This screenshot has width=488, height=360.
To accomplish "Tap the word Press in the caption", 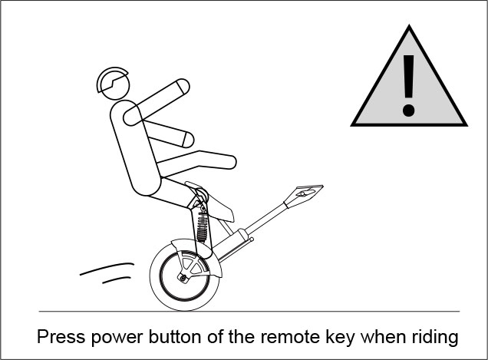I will point(59,336).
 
